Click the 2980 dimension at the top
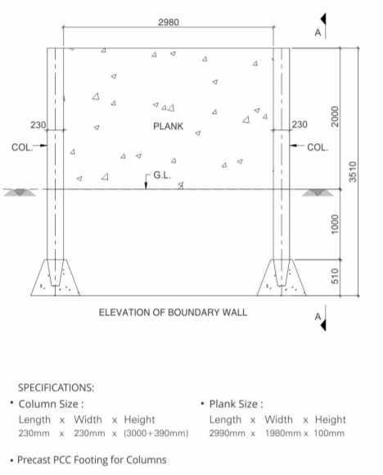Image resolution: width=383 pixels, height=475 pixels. click(169, 22)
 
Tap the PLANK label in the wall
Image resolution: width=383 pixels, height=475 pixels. click(168, 126)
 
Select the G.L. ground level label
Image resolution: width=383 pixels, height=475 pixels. click(162, 175)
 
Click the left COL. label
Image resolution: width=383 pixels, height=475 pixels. click(22, 147)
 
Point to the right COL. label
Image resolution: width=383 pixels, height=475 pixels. click(318, 147)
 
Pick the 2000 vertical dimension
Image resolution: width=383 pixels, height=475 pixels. click(335, 116)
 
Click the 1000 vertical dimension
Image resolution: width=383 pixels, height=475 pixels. click(335, 224)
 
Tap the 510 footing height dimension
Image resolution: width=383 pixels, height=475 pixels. click(335, 276)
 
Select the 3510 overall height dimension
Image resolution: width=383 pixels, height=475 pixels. click(353, 172)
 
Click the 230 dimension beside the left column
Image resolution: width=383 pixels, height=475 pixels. click(38, 124)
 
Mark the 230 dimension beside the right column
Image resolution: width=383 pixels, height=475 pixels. click(300, 124)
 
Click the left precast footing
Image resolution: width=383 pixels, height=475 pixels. click(55, 278)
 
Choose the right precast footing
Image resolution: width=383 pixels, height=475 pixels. click(282, 278)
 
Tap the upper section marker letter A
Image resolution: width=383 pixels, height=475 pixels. click(318, 33)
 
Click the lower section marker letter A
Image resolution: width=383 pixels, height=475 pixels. click(318, 317)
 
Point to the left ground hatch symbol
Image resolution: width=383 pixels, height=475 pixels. click(20, 192)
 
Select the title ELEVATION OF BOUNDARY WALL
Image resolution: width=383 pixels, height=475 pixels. click(173, 312)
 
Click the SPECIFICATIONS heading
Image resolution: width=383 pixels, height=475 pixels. click(56, 387)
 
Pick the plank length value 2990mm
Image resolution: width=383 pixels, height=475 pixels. click(227, 433)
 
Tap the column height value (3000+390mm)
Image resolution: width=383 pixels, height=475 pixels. click(156, 433)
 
